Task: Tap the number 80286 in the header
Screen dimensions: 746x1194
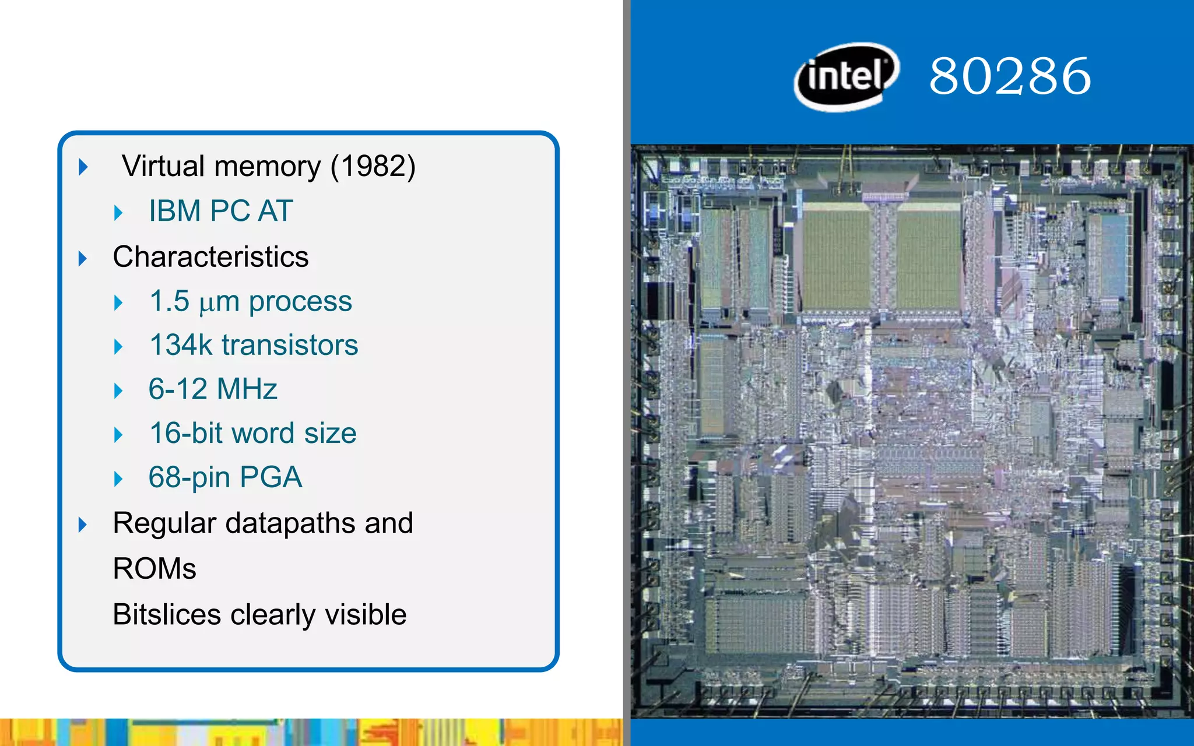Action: pos(1010,76)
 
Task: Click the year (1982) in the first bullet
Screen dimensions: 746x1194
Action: pos(373,167)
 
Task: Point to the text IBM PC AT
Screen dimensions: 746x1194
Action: pos(220,211)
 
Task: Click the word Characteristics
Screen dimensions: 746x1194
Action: pos(210,257)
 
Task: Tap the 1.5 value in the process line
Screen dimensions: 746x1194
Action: pos(169,301)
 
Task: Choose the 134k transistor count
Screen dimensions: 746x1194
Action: pos(181,345)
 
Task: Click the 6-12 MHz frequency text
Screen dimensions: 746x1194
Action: pos(213,389)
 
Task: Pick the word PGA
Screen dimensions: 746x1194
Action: pos(271,477)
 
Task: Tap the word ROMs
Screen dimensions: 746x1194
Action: pos(154,569)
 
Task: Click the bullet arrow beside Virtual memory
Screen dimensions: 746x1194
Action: pos(83,167)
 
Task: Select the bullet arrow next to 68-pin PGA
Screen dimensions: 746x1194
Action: pos(118,479)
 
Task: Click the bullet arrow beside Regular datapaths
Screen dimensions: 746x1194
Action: pos(83,525)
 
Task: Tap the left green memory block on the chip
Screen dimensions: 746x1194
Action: pos(837,256)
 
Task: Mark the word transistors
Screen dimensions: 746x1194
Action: pos(290,345)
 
